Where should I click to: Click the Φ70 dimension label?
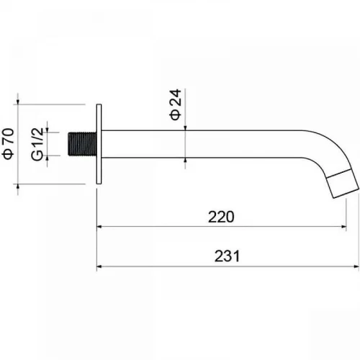(x=9, y=143)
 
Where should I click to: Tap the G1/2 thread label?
(x=37, y=144)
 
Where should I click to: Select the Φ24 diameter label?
(x=176, y=104)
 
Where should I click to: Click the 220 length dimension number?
(x=221, y=217)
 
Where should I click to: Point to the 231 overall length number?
(x=227, y=256)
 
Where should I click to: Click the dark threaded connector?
(x=82, y=144)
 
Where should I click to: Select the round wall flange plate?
(x=99, y=144)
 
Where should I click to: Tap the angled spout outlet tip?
(x=343, y=184)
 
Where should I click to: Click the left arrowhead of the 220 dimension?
(x=99, y=226)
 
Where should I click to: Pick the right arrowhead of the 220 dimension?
(x=343, y=226)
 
